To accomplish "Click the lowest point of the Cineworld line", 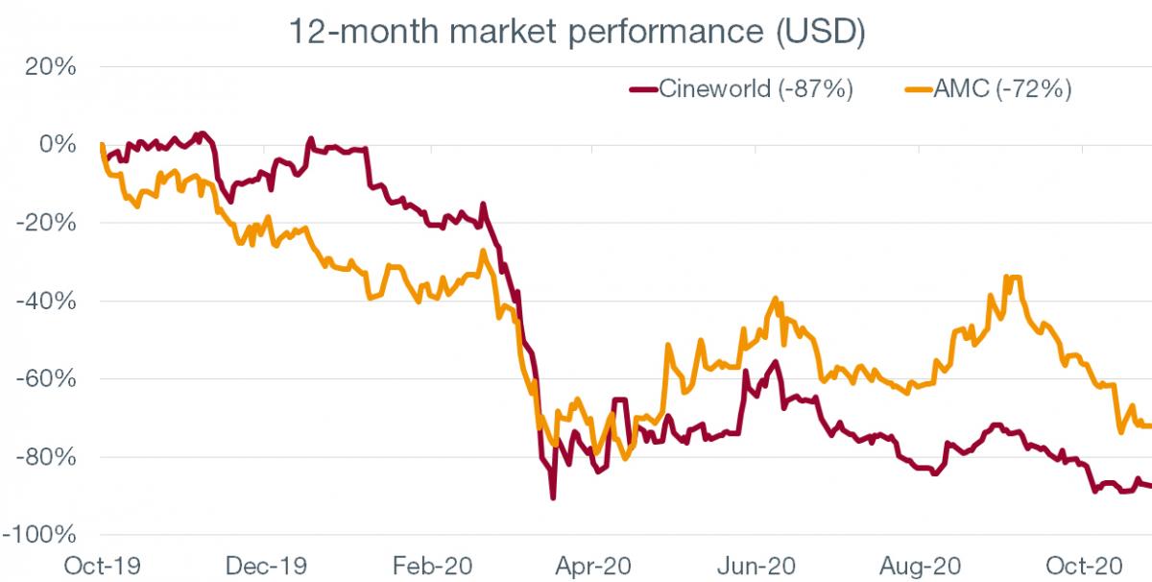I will (553, 497).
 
